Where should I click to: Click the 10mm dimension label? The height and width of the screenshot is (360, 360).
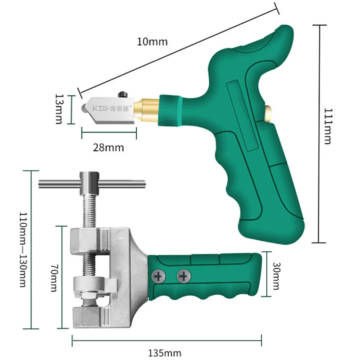(x=152, y=42)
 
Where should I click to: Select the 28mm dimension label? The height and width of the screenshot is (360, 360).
(x=108, y=148)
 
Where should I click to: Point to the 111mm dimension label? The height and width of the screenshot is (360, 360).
(x=328, y=126)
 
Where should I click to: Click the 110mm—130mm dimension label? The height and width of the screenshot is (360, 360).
(x=23, y=250)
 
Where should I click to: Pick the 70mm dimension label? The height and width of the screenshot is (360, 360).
(x=54, y=278)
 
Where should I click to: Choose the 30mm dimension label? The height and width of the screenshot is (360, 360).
(x=276, y=276)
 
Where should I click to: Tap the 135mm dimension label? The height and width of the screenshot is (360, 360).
(x=165, y=353)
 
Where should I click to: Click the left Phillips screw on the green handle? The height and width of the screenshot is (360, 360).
(x=158, y=277)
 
